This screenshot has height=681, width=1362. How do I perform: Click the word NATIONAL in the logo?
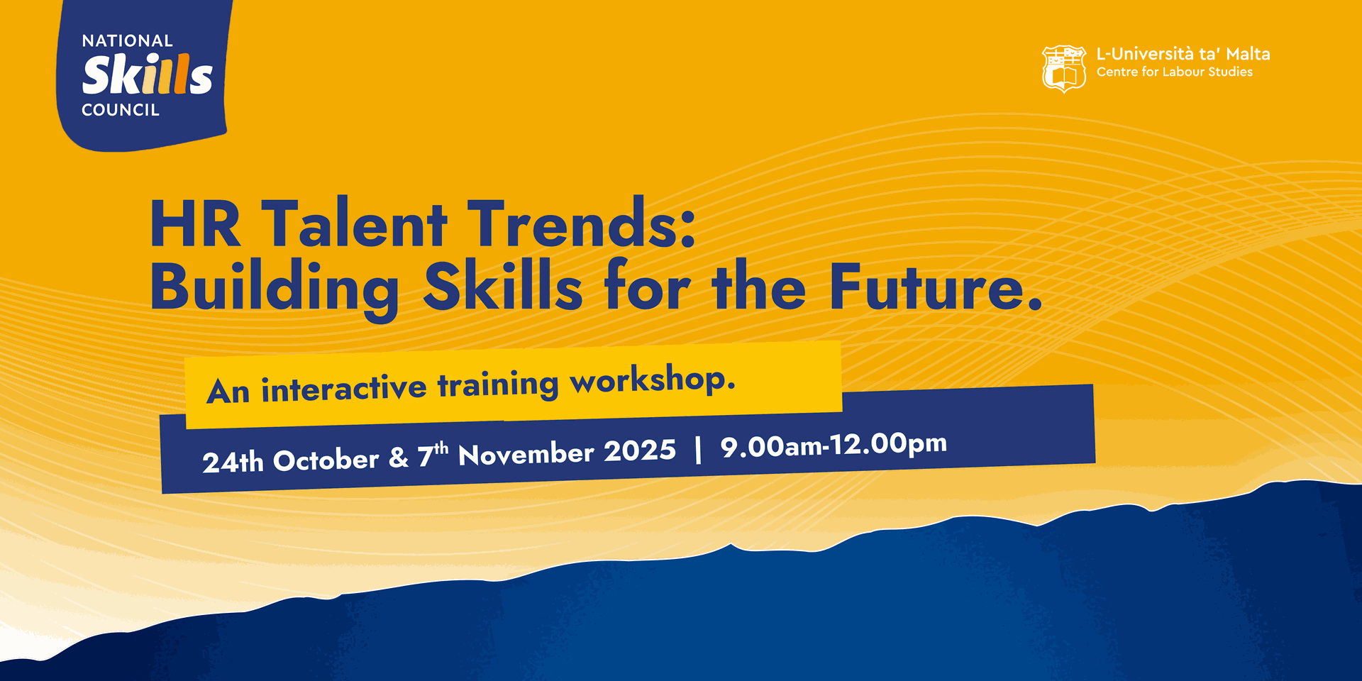128,41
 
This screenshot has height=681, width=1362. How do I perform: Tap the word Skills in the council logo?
148,74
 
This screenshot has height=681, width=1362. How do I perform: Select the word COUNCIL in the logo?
121,110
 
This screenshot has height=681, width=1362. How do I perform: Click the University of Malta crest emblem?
1063,69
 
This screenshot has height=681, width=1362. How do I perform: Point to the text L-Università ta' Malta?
1183,54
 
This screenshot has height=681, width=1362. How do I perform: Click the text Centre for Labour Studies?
1175,72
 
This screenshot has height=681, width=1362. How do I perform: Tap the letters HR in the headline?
196,224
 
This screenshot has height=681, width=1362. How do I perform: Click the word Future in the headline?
926,287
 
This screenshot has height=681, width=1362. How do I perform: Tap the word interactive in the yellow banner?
344,388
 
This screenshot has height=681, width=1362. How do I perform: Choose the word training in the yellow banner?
498,385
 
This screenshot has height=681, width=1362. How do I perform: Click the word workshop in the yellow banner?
648,380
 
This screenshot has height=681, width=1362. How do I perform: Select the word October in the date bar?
326,460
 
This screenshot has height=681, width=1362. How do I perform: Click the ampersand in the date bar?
399,458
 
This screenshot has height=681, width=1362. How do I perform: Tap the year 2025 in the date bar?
640,451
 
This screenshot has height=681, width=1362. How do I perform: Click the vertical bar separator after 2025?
699,450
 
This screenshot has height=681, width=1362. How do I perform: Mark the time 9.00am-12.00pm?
834,445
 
